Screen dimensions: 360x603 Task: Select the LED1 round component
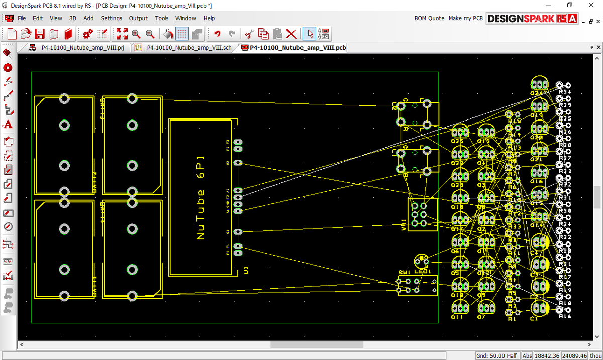click(421, 260)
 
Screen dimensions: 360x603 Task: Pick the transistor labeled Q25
click(459, 133)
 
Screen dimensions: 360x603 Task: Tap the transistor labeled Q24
click(539, 84)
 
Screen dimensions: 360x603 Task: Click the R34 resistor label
click(565, 92)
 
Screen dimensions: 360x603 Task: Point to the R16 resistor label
click(565, 316)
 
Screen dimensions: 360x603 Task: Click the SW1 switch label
click(405, 272)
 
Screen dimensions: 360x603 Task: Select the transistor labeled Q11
click(459, 307)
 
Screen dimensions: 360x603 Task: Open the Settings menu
click(111, 18)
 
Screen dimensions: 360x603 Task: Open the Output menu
click(138, 18)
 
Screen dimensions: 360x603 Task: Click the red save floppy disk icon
click(40, 34)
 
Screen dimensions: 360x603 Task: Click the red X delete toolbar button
click(291, 34)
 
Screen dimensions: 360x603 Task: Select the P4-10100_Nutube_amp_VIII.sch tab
click(184, 48)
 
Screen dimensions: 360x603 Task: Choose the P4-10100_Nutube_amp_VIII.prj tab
click(78, 48)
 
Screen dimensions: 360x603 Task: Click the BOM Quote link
click(429, 18)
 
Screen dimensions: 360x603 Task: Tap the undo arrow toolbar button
click(217, 34)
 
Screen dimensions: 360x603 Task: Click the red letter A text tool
click(8, 125)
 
